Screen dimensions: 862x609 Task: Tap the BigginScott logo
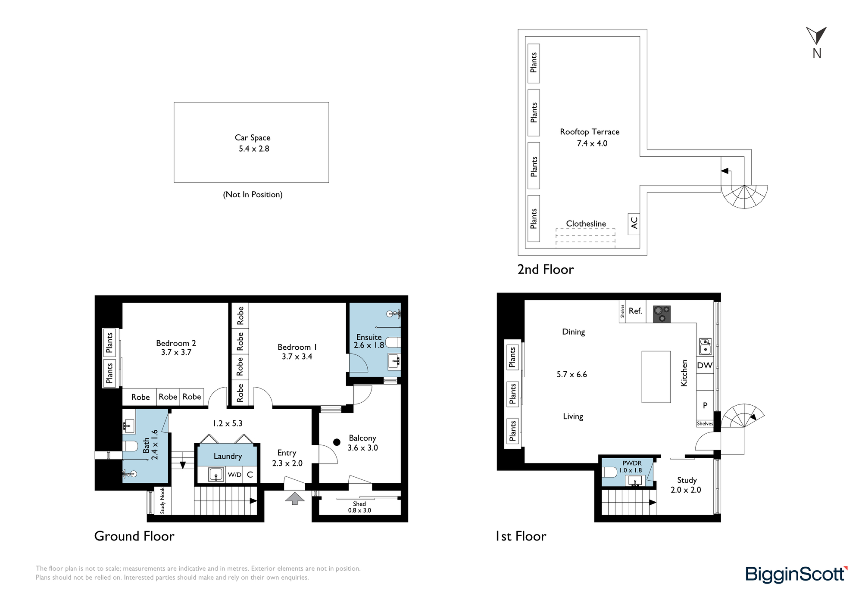(x=796, y=575)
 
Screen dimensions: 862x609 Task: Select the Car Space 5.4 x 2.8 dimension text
(x=254, y=149)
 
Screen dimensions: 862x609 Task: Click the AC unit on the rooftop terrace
(x=634, y=224)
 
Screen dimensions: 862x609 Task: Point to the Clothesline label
(x=586, y=224)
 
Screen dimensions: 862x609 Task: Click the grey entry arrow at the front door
(x=295, y=498)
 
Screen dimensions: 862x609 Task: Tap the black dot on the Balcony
(x=337, y=442)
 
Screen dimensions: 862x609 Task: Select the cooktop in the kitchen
(x=662, y=314)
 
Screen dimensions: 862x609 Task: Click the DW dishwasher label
(x=705, y=365)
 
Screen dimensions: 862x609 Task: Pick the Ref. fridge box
(x=635, y=311)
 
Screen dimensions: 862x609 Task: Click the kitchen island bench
(x=656, y=377)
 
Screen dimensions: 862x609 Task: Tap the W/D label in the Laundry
(x=234, y=475)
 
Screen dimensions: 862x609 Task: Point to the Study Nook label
(x=162, y=500)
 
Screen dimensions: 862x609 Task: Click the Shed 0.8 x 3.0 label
(x=359, y=507)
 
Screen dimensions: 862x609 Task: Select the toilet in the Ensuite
(x=393, y=342)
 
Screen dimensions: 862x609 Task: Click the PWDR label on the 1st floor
(x=632, y=463)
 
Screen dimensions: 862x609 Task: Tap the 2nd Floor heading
(x=546, y=270)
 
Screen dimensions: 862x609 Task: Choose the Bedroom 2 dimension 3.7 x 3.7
(x=176, y=352)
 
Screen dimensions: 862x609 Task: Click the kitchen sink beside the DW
(x=705, y=346)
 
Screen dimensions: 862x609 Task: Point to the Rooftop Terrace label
(x=590, y=132)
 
